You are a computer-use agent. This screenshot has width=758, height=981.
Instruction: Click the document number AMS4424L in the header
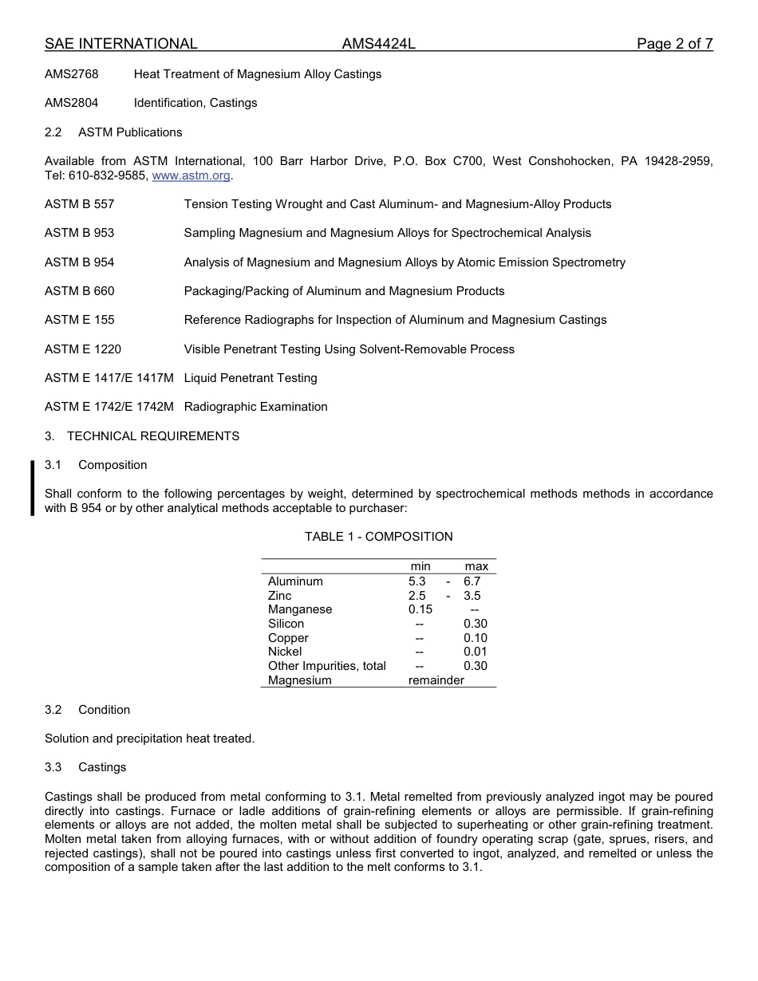378,44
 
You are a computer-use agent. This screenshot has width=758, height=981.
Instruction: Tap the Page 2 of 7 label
674,44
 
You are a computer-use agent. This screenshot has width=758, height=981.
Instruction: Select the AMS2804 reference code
72,103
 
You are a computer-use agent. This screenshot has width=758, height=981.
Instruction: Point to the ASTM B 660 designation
79,291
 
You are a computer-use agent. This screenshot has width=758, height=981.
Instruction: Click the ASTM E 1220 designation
83,349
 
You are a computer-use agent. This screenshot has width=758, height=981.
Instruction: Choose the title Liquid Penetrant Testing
251,378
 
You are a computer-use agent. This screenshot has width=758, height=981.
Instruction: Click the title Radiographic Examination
255,407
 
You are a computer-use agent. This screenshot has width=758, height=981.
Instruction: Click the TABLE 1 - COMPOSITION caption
378,537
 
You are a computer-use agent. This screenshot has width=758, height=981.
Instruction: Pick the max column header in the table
476,566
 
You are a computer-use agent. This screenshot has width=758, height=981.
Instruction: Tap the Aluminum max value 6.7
472,581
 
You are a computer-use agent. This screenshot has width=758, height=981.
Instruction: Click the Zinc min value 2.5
417,596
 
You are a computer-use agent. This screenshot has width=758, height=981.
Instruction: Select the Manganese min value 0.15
420,609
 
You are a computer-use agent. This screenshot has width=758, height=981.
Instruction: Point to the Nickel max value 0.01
475,652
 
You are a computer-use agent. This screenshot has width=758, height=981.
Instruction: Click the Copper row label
288,638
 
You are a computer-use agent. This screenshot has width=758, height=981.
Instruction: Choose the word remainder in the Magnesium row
436,680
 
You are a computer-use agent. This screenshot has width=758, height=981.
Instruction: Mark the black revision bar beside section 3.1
33,487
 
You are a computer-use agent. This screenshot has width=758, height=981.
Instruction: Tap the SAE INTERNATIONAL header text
120,44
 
